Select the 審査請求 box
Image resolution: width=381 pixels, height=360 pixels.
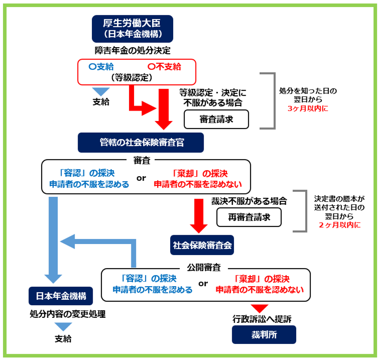[216, 119]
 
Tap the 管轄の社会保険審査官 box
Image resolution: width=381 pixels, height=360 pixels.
[141, 142]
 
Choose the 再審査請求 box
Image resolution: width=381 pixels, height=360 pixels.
[249, 218]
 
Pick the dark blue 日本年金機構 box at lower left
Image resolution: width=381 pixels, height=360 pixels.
[61, 296]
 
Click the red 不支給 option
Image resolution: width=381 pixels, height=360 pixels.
[165, 67]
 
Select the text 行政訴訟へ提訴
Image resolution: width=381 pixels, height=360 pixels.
[262, 319]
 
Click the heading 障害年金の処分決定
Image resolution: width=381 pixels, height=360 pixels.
[133, 51]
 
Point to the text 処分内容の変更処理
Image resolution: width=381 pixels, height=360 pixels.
[62, 314]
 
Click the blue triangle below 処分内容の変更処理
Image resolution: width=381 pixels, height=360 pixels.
[63, 326]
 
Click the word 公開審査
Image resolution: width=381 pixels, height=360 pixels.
[204, 267]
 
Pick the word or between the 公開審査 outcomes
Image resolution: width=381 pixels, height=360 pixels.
[204, 284]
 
